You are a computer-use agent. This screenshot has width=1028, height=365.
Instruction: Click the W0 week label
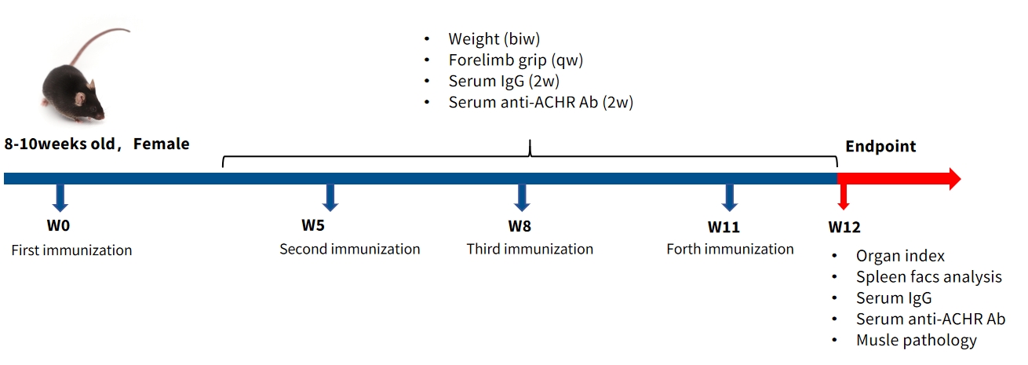click(x=58, y=225)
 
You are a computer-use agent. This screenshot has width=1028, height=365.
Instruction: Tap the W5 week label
click(x=313, y=225)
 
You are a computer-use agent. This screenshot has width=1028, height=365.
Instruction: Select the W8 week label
click(x=519, y=226)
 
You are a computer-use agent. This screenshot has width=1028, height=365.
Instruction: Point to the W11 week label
click(x=724, y=227)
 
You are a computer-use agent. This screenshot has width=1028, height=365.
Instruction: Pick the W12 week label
click(x=844, y=227)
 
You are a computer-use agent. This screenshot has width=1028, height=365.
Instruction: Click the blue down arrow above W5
click(x=330, y=198)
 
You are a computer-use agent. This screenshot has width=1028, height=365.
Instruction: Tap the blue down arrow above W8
click(x=522, y=198)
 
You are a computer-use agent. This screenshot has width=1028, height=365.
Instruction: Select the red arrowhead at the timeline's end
click(x=954, y=179)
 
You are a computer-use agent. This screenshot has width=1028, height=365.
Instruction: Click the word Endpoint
click(x=880, y=146)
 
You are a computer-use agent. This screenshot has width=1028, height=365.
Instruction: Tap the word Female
click(x=161, y=144)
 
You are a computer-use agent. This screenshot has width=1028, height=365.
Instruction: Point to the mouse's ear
click(x=80, y=99)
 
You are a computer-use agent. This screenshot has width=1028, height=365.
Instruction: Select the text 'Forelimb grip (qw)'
click(x=516, y=60)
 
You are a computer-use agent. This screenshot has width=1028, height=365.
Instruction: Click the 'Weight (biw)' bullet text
click(x=494, y=39)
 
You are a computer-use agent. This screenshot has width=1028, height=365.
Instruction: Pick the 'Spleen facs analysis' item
click(x=929, y=277)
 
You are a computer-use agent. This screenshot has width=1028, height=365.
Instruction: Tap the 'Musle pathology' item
click(x=916, y=340)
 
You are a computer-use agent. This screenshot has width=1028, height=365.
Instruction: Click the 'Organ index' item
click(x=900, y=256)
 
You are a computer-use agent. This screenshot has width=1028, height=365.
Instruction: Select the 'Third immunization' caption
click(x=530, y=249)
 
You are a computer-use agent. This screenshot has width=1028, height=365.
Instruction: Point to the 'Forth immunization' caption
click(x=730, y=249)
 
